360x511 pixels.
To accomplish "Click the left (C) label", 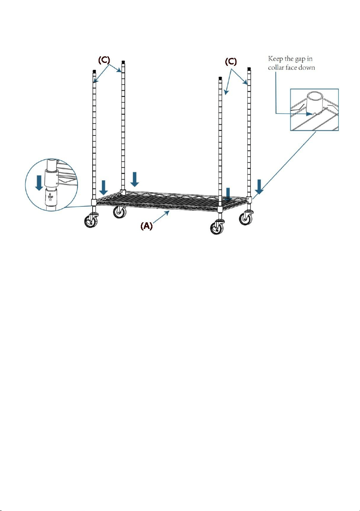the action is coord(104,60).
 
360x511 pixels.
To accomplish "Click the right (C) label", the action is coord(231,62).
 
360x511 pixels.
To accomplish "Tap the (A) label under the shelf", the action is coord(146,226).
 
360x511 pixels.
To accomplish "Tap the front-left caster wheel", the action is coord(91,221).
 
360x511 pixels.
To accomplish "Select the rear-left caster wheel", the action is coord(120,212).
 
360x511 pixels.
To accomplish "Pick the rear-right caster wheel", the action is coord(246,218).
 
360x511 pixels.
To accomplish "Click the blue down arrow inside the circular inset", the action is coord(39,183).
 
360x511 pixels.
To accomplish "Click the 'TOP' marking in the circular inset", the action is coord(50,197).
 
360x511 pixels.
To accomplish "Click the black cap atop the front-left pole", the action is coord(94,71).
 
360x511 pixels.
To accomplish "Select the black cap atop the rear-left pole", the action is coord(123,62).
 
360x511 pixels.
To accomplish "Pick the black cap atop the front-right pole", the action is coord(220,78).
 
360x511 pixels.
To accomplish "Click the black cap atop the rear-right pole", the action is coord(249,69).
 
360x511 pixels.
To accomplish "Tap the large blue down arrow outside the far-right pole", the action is coord(259,186).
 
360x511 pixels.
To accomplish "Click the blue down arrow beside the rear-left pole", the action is coord(135,179).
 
